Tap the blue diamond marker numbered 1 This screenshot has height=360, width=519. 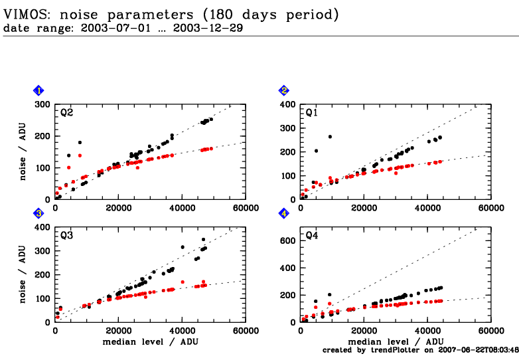tap(39, 90)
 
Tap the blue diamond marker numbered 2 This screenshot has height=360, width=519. tap(284, 90)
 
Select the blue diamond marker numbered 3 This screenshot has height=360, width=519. tap(39, 213)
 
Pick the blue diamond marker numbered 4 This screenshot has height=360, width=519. tap(284, 213)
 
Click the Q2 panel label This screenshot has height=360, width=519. tap(66, 113)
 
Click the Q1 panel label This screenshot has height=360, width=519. tap(311, 113)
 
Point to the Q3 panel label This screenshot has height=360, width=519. tap(66, 236)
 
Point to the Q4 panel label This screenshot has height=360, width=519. tap(311, 236)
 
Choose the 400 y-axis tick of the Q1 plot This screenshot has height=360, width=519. tap(288, 104)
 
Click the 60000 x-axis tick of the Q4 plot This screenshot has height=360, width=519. tap(491, 331)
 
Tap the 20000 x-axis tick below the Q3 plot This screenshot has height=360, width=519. tap(119, 331)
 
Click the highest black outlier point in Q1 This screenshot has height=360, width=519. tap(330, 137)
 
